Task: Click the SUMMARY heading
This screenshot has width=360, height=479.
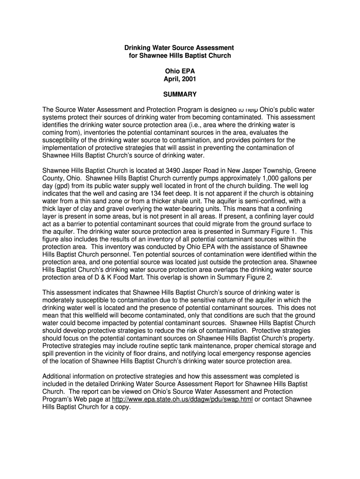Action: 180,94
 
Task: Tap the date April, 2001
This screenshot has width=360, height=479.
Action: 180,79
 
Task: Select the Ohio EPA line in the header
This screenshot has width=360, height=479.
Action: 180,71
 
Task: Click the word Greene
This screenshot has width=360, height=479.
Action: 304,171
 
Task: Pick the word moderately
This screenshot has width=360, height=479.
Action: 59,299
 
